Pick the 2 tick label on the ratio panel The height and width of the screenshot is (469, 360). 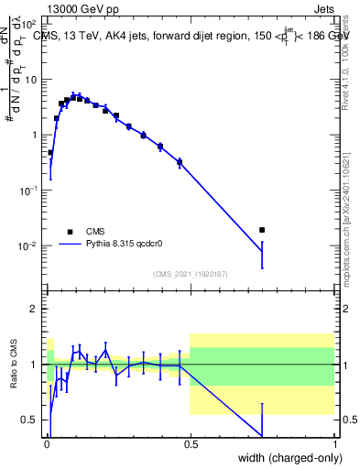[35, 309]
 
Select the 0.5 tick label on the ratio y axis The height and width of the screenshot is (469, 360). [30, 420]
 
